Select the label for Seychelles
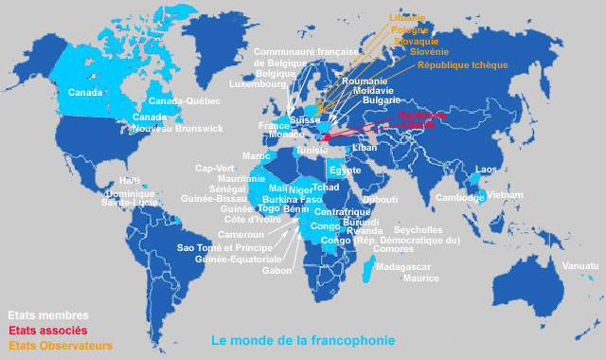click(418, 230)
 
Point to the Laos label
click(486, 170)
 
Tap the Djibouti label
click(381, 200)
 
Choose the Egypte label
click(345, 171)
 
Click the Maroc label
click(256, 155)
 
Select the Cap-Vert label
click(213, 169)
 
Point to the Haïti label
click(130, 181)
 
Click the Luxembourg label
click(258, 84)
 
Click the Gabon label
click(277, 270)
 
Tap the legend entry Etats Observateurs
click(60, 346)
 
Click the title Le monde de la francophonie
click(303, 340)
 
